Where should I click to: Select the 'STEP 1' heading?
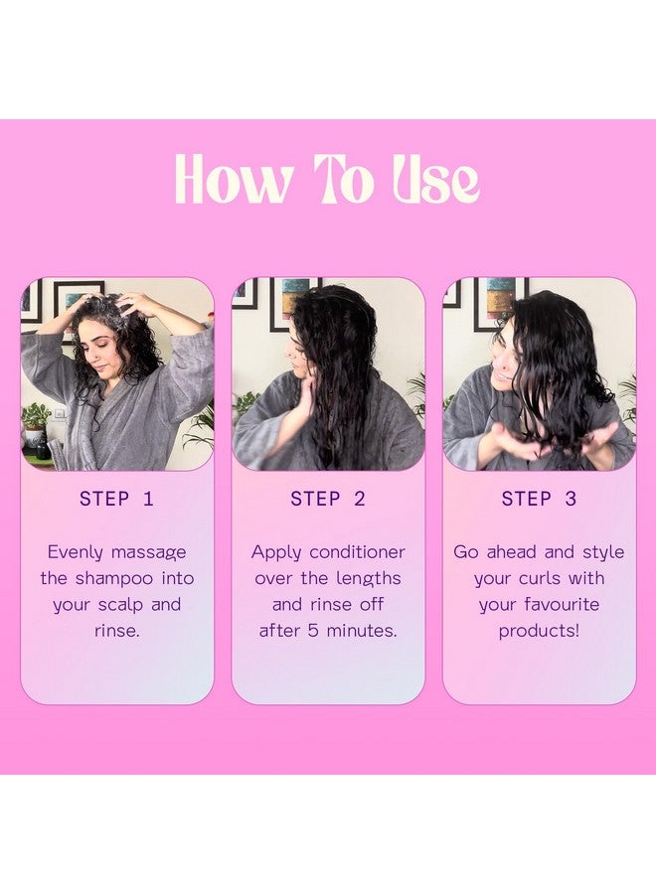pyautogui.click(x=117, y=499)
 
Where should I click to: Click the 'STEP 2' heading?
pyautogui.click(x=328, y=499)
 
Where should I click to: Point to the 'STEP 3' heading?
pyautogui.click(x=539, y=499)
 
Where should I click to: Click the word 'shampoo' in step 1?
pyautogui.click(x=114, y=579)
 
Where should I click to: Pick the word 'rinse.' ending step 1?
pyautogui.click(x=117, y=631)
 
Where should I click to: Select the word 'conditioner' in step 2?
pyautogui.click(x=357, y=552)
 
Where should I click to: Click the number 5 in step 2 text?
pyautogui.click(x=313, y=631)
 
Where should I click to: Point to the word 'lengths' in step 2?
pyautogui.click(x=369, y=579)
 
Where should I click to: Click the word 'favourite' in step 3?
pyautogui.click(x=562, y=605)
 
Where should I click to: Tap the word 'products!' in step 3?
pyautogui.click(x=539, y=632)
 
